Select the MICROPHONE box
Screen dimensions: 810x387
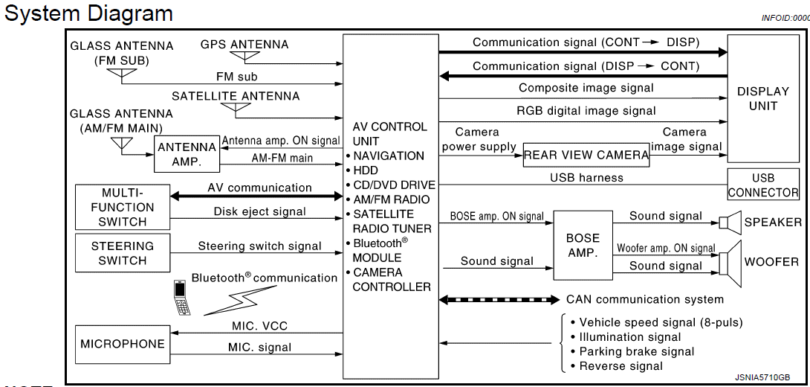(123, 345)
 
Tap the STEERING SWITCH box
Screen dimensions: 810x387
(123, 253)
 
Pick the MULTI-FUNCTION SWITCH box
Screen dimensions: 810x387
(123, 207)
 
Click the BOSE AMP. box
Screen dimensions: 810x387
(583, 246)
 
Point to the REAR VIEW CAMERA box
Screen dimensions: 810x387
(586, 155)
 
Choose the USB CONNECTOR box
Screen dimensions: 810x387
(763, 184)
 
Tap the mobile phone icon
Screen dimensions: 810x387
(181, 298)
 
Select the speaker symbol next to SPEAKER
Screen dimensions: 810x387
(730, 223)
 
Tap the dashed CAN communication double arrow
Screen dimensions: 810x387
(499, 300)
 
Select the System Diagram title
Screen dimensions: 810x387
(88, 13)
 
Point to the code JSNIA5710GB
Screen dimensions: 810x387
(762, 377)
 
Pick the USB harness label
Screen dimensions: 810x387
(586, 177)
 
